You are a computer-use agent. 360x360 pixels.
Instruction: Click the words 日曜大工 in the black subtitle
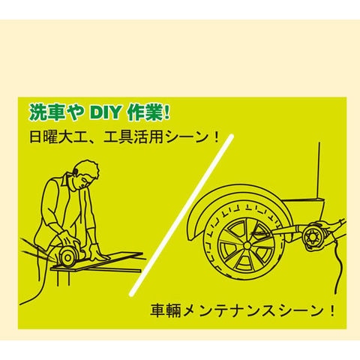click(55, 137)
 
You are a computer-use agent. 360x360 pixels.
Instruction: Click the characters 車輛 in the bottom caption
click(165, 310)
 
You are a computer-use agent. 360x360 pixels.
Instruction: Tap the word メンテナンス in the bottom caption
click(230, 310)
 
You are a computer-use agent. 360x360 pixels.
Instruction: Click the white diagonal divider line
click(181, 215)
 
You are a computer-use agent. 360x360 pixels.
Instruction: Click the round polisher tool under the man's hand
click(67, 256)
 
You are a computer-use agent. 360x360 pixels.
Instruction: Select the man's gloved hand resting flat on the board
click(97, 252)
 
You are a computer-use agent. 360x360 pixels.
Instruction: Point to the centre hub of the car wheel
click(247, 246)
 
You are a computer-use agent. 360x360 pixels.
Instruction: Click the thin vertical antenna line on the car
click(319, 171)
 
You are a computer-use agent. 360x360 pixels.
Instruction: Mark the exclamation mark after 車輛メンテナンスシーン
click(332, 310)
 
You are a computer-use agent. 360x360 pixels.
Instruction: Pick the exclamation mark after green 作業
click(166, 113)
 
